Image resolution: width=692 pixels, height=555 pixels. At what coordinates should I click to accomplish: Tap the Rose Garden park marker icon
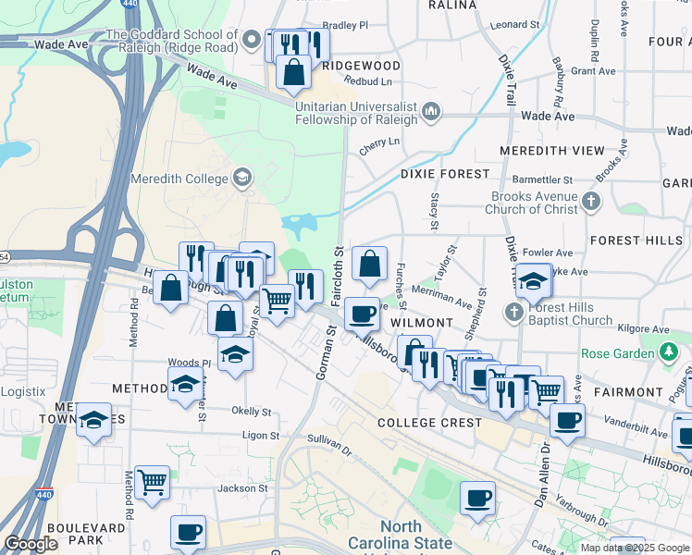[x=668, y=352]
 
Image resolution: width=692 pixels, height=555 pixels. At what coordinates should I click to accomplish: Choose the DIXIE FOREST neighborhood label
[x=445, y=174]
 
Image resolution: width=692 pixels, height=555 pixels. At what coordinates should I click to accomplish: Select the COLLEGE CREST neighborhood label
[x=429, y=423]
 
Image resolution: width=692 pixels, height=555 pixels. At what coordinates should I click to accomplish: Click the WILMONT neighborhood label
[x=421, y=323]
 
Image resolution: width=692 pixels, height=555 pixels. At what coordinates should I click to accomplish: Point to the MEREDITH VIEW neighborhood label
[x=551, y=151]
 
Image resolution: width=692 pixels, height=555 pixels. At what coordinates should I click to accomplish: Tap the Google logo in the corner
[x=31, y=544]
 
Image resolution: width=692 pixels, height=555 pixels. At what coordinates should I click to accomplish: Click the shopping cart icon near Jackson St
[x=152, y=481]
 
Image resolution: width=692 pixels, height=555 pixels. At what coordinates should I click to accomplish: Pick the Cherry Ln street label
[x=379, y=142]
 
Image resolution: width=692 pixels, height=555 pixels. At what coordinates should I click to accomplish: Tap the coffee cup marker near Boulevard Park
[x=188, y=532]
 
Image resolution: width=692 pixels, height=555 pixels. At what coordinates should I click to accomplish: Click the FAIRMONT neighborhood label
[x=628, y=392]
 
